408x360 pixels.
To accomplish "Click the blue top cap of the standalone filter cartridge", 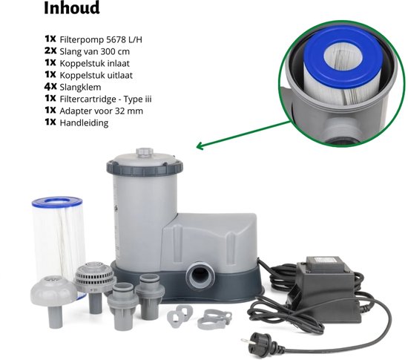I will [x=58, y=202].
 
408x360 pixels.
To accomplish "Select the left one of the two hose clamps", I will [x=177, y=316].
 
